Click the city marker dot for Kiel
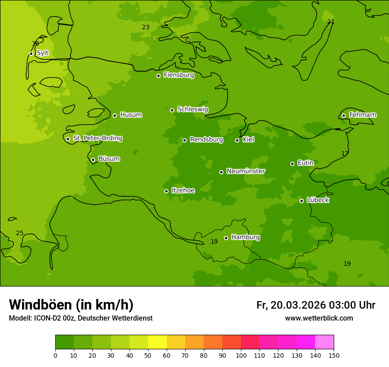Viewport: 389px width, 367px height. (x=237, y=140)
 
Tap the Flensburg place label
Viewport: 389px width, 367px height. (x=179, y=75)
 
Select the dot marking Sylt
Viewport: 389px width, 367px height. (x=31, y=54)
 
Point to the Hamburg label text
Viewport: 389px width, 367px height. (x=245, y=237)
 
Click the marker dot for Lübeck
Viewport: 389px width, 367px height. (x=301, y=201)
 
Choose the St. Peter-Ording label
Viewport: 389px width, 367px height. (x=97, y=138)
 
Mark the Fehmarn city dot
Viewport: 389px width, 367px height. (x=343, y=115)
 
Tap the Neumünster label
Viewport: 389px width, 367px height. (x=245, y=171)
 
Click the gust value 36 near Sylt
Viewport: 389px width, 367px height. (x=35, y=43)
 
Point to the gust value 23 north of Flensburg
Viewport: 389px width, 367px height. (x=145, y=27)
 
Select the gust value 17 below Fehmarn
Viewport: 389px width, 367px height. (x=345, y=153)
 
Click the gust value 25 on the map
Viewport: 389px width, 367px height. (x=19, y=233)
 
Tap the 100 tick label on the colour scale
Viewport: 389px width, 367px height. (x=241, y=355)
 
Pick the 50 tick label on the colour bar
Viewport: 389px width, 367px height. (x=148, y=355)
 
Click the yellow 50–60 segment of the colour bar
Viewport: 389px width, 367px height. (x=157, y=342)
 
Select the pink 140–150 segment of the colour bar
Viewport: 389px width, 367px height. (x=324, y=342)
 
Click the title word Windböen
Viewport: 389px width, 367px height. (x=41, y=305)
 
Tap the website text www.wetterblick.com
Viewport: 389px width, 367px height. (x=319, y=318)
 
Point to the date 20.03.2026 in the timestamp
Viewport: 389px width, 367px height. (x=298, y=305)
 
